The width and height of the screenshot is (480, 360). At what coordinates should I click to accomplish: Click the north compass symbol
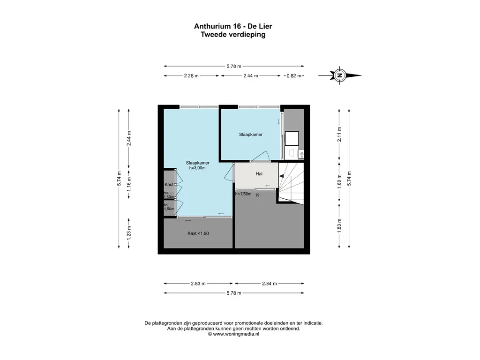[339, 75]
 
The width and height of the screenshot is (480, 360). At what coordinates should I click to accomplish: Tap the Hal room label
[259, 174]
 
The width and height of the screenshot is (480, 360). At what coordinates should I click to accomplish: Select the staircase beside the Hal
[291, 183]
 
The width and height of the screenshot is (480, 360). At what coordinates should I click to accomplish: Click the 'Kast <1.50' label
[198, 233]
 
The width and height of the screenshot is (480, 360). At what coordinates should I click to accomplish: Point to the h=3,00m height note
[197, 168]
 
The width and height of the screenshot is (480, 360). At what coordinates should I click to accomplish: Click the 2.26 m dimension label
[191, 75]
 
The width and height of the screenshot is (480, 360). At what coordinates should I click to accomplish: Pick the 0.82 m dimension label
[294, 75]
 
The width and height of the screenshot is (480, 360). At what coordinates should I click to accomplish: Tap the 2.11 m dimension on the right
[339, 134]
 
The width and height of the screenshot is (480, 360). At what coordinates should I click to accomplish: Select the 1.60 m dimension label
[339, 181]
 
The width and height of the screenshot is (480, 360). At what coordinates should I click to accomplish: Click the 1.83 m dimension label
[339, 225]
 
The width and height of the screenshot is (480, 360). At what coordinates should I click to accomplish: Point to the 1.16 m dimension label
[129, 184]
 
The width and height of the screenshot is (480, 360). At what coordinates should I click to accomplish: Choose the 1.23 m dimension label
[129, 232]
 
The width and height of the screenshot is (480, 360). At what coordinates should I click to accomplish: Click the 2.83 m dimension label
[198, 284]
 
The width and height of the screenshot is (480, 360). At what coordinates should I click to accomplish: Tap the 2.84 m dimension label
[270, 284]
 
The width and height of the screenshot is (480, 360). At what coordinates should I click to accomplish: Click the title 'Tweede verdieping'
[233, 34]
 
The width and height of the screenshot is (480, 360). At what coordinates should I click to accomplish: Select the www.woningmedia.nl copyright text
[233, 334]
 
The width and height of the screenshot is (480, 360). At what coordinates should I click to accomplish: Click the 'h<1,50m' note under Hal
[243, 194]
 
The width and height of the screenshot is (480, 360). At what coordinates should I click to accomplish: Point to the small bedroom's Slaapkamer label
[251, 135]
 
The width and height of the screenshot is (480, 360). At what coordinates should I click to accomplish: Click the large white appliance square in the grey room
[292, 138]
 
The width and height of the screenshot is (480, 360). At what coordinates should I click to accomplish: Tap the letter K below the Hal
[258, 195]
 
